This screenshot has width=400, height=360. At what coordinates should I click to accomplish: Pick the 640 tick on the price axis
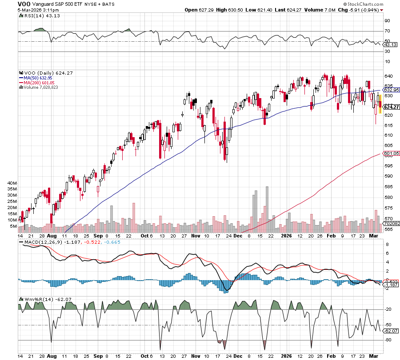388,75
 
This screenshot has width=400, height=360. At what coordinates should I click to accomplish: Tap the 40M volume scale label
12,183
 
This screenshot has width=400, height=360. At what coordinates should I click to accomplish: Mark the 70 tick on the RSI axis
387,31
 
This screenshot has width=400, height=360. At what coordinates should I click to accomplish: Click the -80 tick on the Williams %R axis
388,340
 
